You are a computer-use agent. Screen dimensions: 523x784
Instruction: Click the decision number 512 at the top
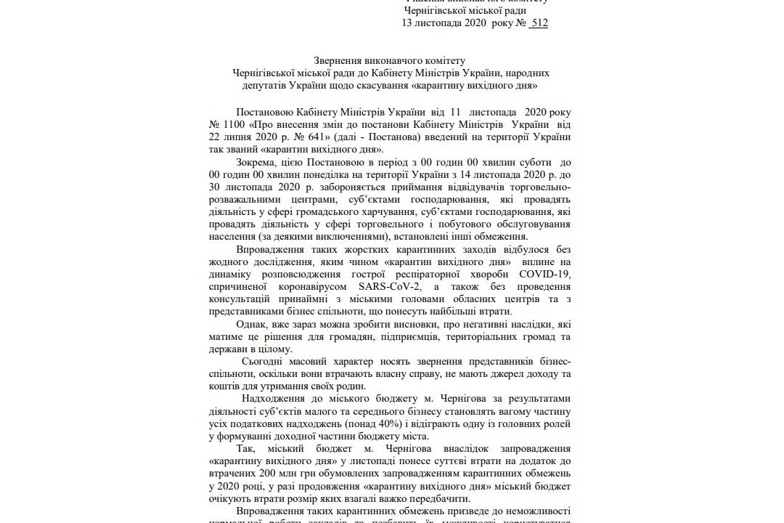pyautogui.click(x=539, y=23)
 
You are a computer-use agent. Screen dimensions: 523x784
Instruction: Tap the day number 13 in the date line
pyautogui.click(x=407, y=23)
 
